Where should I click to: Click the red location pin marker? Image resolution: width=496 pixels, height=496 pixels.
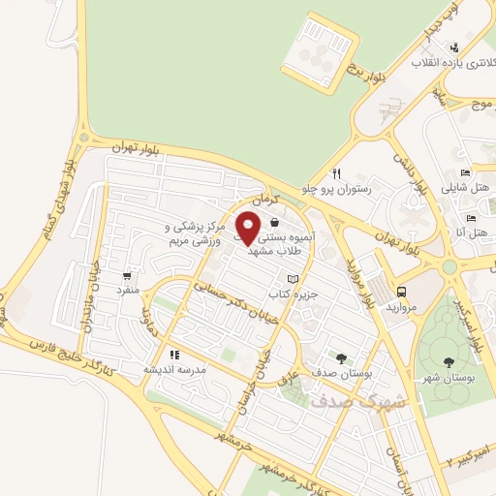pyautogui.click(x=248, y=228)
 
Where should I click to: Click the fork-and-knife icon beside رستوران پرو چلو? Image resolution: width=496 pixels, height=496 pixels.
pyautogui.click(x=337, y=173)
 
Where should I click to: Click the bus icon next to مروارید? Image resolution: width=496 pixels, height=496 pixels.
pyautogui.click(x=401, y=291)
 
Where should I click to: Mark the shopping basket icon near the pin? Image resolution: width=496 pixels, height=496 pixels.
pyautogui.click(x=276, y=223)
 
